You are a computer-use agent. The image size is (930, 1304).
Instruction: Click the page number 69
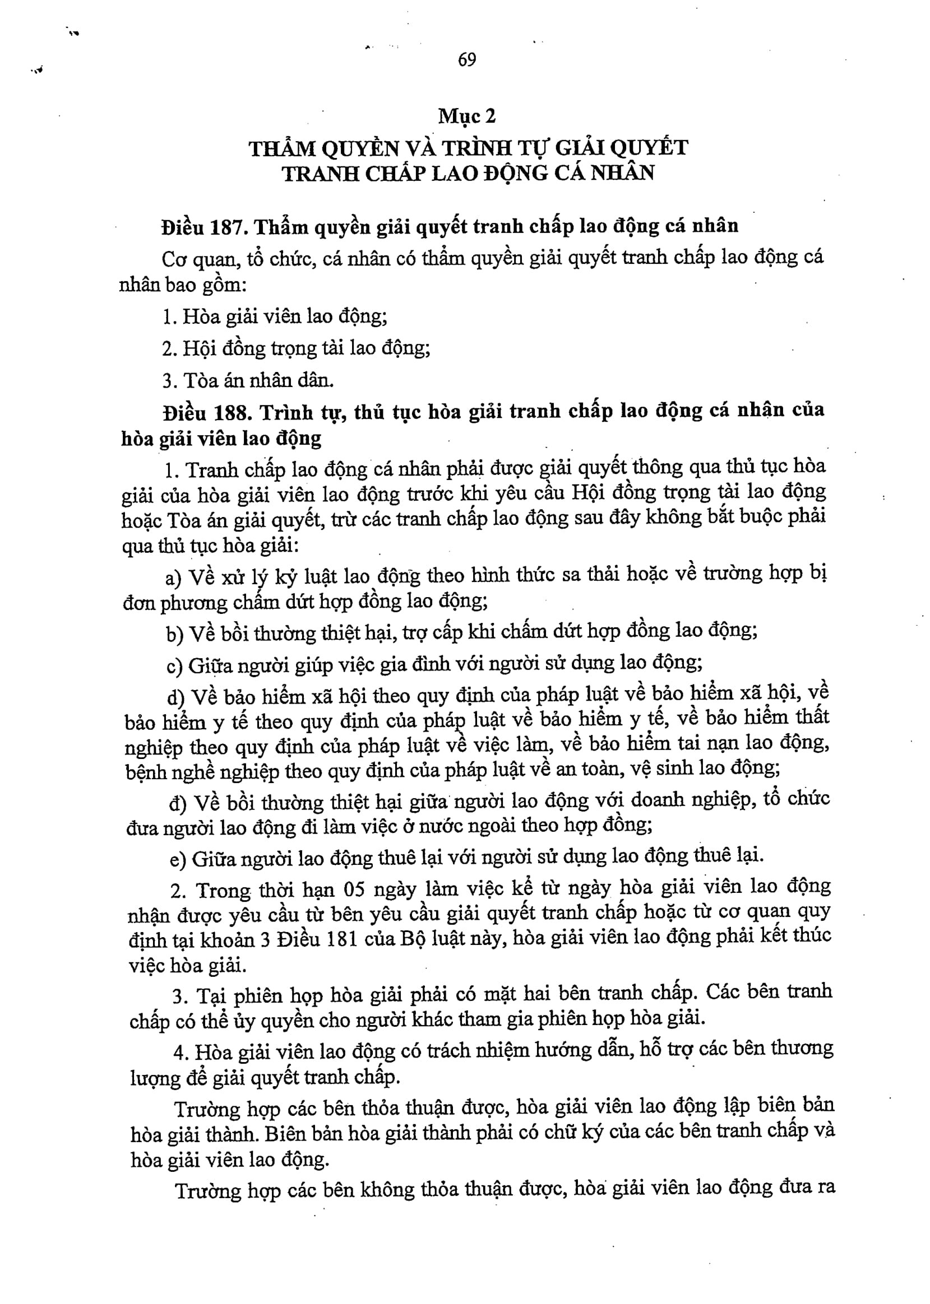pyautogui.click(x=467, y=59)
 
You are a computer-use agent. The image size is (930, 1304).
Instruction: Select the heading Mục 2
pyautogui.click(x=467, y=116)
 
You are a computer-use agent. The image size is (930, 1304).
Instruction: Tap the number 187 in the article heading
pyautogui.click(x=228, y=228)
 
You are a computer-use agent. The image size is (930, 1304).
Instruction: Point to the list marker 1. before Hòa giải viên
pyautogui.click(x=169, y=317)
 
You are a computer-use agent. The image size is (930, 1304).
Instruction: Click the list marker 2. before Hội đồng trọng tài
pyautogui.click(x=169, y=348)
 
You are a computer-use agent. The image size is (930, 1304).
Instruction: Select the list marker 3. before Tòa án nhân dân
pyautogui.click(x=170, y=380)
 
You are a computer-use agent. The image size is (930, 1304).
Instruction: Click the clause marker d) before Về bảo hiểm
pyautogui.click(x=176, y=697)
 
